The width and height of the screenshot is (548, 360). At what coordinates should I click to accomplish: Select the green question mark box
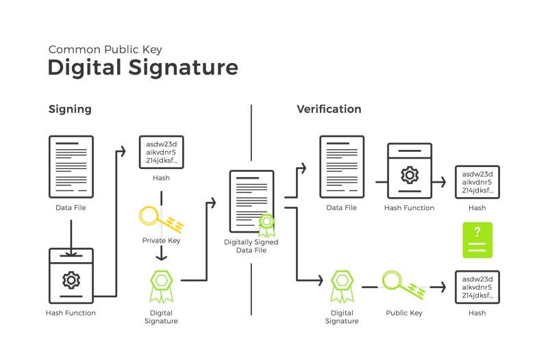pos(477,240)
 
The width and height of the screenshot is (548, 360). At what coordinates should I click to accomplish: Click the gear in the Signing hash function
pos(71,280)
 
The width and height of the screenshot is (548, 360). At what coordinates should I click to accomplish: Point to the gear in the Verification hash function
pos(410,175)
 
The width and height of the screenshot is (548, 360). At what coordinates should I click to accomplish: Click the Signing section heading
pos(70,110)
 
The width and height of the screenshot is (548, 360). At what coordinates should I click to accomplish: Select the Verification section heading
pos(329,109)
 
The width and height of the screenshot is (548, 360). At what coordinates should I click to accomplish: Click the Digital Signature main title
pos(142,67)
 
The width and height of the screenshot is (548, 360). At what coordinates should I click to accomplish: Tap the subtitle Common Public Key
pos(105,49)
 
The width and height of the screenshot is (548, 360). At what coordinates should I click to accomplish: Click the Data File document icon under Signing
pos(71,167)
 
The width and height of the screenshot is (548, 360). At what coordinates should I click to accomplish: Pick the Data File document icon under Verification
pos(342,167)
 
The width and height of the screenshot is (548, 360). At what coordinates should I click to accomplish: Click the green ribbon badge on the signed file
pos(266,226)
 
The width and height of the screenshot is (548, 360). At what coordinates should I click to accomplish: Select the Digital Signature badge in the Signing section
pos(161,286)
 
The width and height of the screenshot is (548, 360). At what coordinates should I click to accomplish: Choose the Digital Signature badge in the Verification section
pos(342,286)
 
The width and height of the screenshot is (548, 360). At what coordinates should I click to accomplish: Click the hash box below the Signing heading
pos(162,152)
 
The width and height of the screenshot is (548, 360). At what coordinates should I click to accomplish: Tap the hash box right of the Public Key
pos(477,287)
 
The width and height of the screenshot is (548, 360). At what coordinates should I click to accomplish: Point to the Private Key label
pos(161,240)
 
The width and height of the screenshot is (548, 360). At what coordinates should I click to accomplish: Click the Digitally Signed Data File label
pos(251,246)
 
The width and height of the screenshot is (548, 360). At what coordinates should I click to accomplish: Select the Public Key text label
pos(404,313)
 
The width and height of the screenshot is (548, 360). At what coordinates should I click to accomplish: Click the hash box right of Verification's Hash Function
pos(477,182)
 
